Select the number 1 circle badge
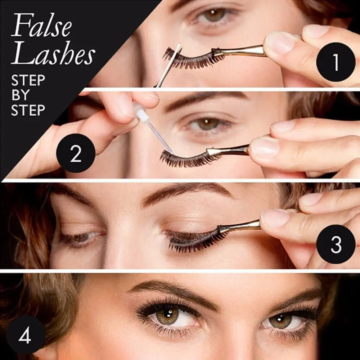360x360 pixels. (336, 62)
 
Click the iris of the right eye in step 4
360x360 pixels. (281, 320)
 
